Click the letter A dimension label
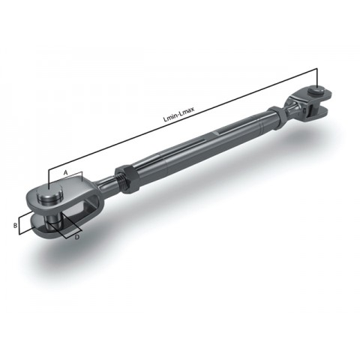click(66, 173)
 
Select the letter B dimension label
click(14, 223)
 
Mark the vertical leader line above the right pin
click(317, 78)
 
